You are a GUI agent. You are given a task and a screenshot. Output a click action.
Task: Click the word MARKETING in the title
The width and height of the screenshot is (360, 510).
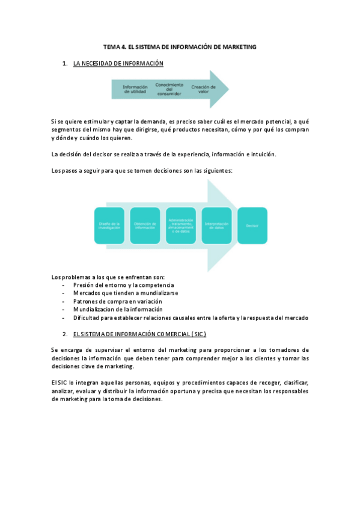click(x=240, y=46)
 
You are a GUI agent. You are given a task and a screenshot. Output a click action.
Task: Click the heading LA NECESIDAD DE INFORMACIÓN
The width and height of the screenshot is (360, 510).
click(x=118, y=63)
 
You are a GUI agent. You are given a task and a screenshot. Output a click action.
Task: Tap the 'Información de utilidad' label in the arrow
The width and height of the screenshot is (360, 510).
click(x=135, y=89)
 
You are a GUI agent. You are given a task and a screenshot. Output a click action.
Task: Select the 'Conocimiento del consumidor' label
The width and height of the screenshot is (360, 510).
click(x=169, y=89)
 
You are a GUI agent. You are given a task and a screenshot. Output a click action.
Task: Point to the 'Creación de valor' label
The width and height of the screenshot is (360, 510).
click(x=203, y=89)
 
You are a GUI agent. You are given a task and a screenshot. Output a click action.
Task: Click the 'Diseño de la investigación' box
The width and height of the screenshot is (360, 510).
click(x=109, y=226)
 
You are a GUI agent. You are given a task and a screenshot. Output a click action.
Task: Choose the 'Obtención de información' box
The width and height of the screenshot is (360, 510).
click(x=145, y=226)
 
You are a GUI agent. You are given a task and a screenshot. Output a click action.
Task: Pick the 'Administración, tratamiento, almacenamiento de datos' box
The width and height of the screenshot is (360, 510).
click(x=181, y=226)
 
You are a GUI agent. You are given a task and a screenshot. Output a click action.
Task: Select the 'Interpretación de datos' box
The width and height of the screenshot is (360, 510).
click(x=217, y=226)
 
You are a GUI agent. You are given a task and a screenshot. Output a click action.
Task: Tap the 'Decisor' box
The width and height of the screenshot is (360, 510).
click(x=252, y=226)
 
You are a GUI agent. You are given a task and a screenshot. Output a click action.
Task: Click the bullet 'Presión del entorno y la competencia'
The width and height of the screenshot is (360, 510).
click(x=123, y=284)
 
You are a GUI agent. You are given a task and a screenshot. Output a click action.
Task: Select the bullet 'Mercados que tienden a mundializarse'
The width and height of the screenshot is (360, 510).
click(x=125, y=293)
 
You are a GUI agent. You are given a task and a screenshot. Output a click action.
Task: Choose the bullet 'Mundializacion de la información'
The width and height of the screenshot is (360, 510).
click(x=118, y=310)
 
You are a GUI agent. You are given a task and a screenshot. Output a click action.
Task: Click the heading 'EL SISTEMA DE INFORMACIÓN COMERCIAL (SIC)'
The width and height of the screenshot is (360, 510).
click(x=139, y=334)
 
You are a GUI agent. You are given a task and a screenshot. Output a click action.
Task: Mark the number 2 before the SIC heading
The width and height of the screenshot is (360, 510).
click(x=64, y=334)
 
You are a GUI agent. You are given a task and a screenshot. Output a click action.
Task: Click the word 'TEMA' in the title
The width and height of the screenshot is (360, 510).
click(x=112, y=46)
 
